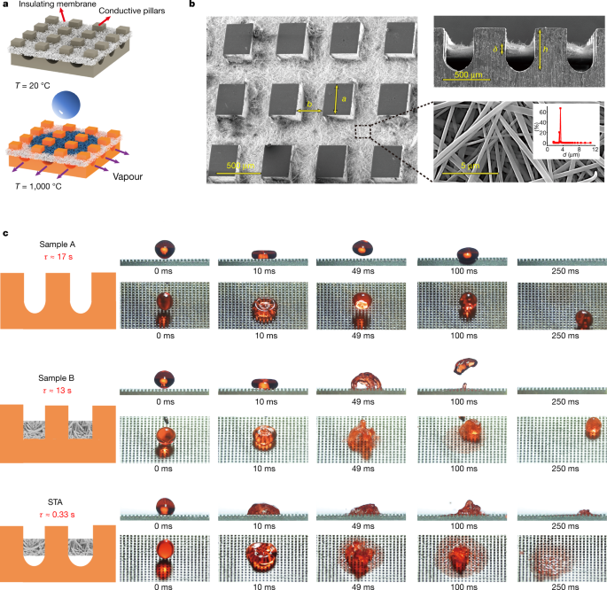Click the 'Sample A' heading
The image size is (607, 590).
60,243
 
